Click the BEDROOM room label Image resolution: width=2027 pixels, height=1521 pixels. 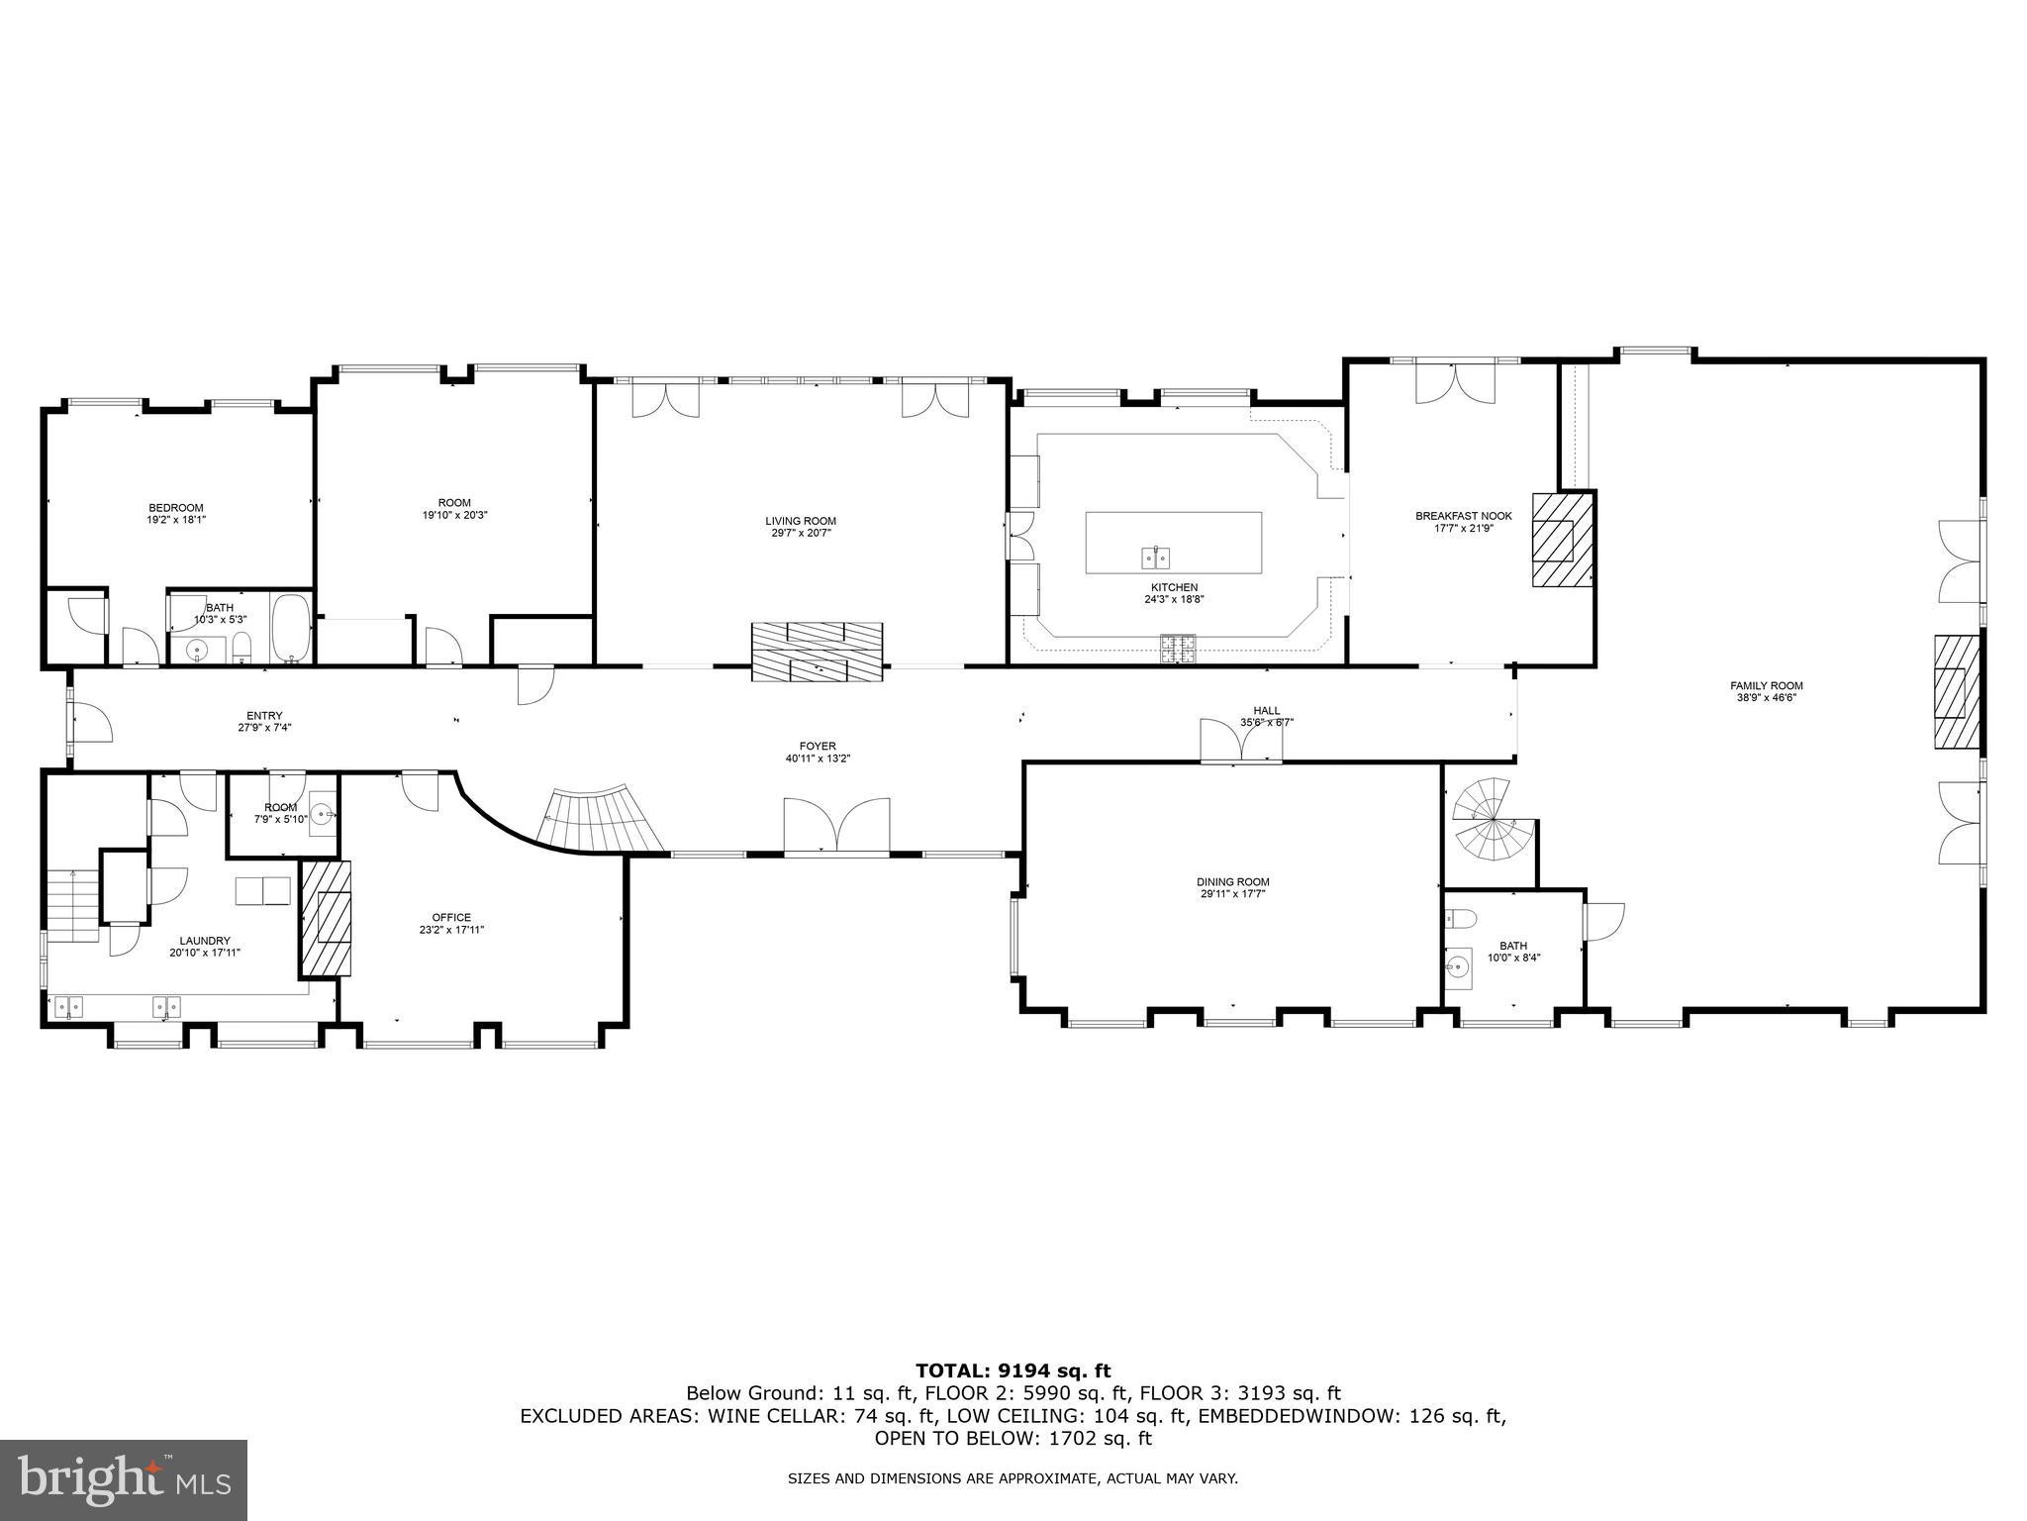coord(176,508)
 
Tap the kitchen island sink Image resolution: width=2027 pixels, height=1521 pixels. coord(1155,558)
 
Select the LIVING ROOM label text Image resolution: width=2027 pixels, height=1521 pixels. coord(800,521)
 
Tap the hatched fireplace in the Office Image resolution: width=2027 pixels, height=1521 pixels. coord(327,917)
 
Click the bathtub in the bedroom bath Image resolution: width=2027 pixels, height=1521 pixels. coord(290,628)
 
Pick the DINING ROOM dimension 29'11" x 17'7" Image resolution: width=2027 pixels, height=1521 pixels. coord(1232,894)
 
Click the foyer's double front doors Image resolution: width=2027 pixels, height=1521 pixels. coord(836,824)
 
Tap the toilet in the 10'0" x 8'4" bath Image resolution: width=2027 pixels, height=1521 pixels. coord(1459,918)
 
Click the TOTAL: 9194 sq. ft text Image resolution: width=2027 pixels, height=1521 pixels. coord(1013,1370)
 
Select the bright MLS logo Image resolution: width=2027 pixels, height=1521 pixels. coord(124,1479)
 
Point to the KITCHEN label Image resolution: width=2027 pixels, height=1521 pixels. coord(1174,587)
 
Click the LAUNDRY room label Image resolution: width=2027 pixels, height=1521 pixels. coord(205,941)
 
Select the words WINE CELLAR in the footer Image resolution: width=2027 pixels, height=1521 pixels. coord(772,1416)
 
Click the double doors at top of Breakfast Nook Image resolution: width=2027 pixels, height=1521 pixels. coord(1452,384)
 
